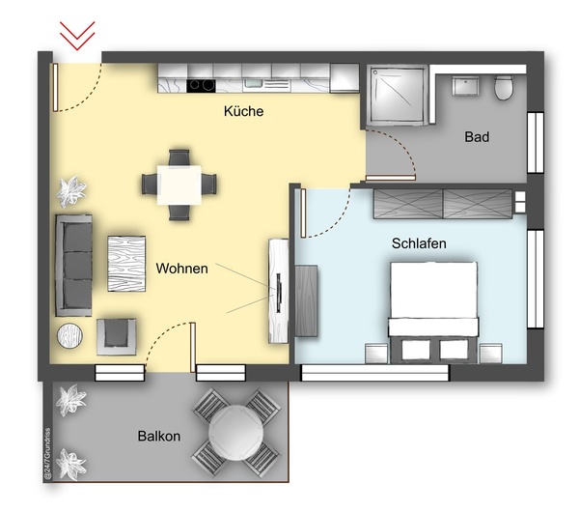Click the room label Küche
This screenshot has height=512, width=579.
(243, 112)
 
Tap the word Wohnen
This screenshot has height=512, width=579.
(181, 269)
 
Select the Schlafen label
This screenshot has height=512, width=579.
(419, 244)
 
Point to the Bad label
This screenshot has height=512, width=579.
(477, 137)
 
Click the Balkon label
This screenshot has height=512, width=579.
(159, 437)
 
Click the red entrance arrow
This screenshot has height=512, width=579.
(76, 36)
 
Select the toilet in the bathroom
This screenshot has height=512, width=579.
(502, 89)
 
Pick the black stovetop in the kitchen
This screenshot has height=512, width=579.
(201, 84)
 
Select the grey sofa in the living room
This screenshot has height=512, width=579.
(74, 265)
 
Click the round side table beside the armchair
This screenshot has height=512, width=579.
(71, 336)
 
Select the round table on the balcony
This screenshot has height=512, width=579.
(233, 432)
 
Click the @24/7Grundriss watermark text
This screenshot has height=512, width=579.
(45, 452)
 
